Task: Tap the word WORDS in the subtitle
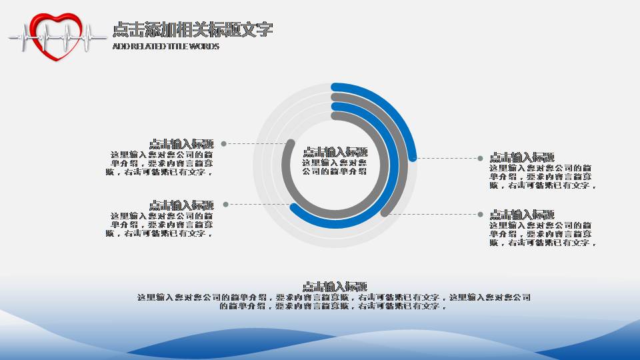[x=205, y=47]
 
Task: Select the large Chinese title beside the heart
[x=192, y=29]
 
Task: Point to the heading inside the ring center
[x=335, y=152]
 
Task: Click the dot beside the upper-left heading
[x=224, y=143]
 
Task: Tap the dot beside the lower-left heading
[x=226, y=204]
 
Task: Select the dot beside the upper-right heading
[x=480, y=158]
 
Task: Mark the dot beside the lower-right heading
[x=480, y=214]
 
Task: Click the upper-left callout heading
[x=181, y=143]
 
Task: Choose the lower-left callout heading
[x=181, y=205]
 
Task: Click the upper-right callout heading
[x=523, y=157]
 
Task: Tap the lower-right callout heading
[x=523, y=215]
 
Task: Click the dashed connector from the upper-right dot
[x=447, y=158]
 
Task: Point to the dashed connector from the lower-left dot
[x=260, y=204]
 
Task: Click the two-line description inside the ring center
[x=335, y=167]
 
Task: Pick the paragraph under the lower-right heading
[x=541, y=234]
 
